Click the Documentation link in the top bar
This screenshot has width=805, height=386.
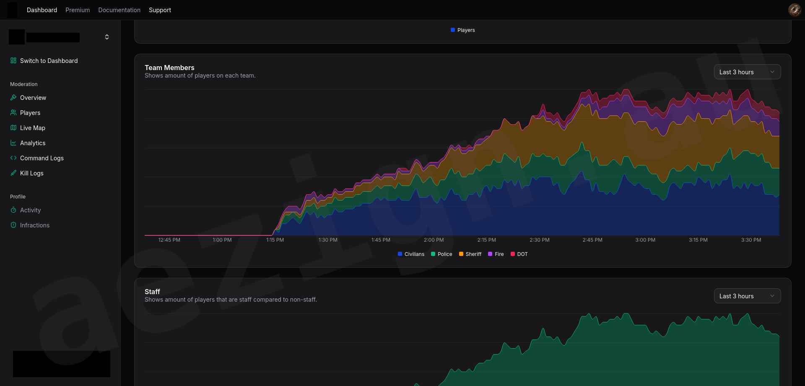[119, 10]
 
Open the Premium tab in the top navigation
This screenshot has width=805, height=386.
[78, 10]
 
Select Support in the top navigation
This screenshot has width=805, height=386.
[160, 10]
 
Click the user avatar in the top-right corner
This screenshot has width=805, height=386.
[795, 10]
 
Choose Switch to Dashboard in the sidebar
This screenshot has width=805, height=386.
[44, 61]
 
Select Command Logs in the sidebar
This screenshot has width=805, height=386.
[37, 158]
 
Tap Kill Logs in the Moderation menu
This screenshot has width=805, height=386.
[27, 173]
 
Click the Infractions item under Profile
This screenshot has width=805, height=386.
[30, 225]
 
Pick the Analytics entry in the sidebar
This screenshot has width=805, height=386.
[28, 143]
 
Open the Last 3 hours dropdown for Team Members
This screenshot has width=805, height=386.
[747, 72]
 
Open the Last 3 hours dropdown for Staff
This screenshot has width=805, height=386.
[747, 296]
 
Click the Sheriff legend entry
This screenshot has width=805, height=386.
[470, 254]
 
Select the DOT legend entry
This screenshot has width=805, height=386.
[519, 254]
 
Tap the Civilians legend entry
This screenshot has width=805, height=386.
[411, 254]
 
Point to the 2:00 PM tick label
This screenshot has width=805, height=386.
[434, 240]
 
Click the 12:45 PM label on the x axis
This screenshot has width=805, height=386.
[169, 240]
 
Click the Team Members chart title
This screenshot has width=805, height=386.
[169, 68]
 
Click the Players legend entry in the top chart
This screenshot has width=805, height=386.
[462, 30]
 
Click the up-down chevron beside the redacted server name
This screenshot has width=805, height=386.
[107, 37]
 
